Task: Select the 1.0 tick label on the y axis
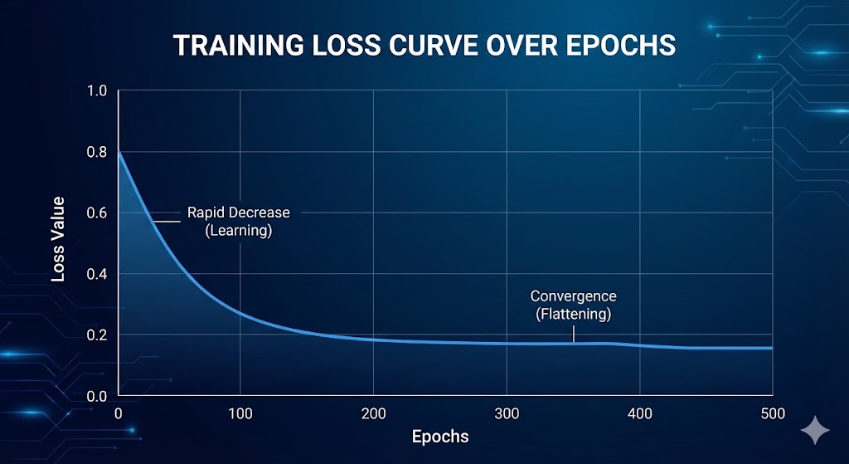point(98,90)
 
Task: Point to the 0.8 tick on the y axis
point(98,152)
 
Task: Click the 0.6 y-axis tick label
point(98,213)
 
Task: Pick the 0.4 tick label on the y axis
point(98,275)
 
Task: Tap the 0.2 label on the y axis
point(98,335)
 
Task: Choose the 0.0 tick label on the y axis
point(98,397)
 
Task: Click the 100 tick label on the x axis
point(239,413)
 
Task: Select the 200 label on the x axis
point(373,413)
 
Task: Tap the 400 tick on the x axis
point(639,413)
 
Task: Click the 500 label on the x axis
point(772,413)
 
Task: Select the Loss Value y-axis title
point(58,244)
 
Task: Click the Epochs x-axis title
point(440,437)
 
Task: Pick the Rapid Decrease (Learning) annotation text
point(239,222)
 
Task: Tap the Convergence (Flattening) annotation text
point(574,305)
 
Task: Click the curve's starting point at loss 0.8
point(119,153)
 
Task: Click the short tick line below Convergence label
point(574,333)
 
